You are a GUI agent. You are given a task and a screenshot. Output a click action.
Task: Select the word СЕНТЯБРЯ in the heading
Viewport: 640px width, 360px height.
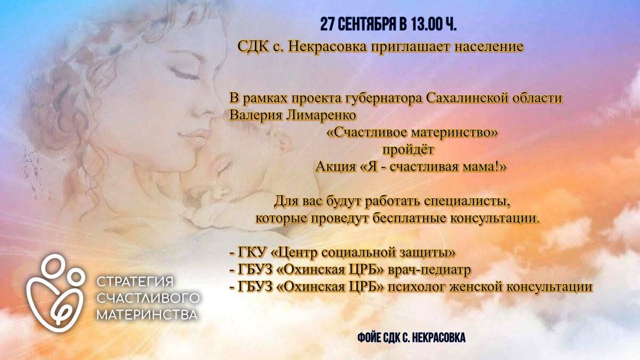[367, 25]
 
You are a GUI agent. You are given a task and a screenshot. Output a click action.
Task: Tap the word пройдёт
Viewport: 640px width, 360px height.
[408, 150]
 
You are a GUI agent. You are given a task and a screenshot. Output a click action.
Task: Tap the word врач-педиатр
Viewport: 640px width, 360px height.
[429, 270]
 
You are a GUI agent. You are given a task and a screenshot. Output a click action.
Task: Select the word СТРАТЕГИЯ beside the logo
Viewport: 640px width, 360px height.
[135, 282]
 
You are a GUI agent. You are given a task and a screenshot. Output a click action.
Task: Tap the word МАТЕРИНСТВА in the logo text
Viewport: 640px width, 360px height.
[147, 315]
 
